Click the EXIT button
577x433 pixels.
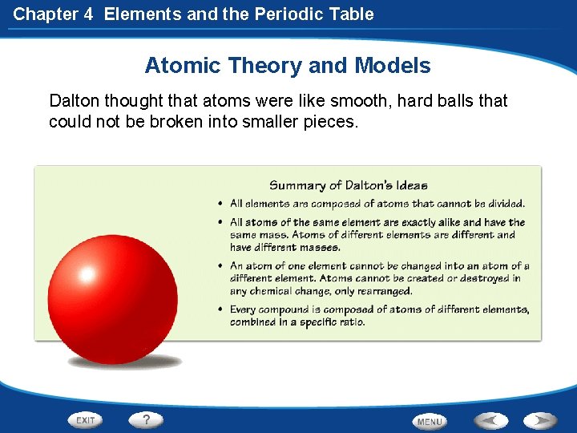(86, 420)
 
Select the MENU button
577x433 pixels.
(430, 421)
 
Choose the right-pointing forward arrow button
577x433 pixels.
(541, 420)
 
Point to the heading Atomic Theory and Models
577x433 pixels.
(288, 66)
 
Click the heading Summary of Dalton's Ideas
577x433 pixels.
(349, 185)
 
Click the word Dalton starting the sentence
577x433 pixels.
(75, 101)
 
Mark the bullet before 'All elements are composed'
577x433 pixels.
(220, 204)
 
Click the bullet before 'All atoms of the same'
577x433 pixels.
(220, 222)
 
